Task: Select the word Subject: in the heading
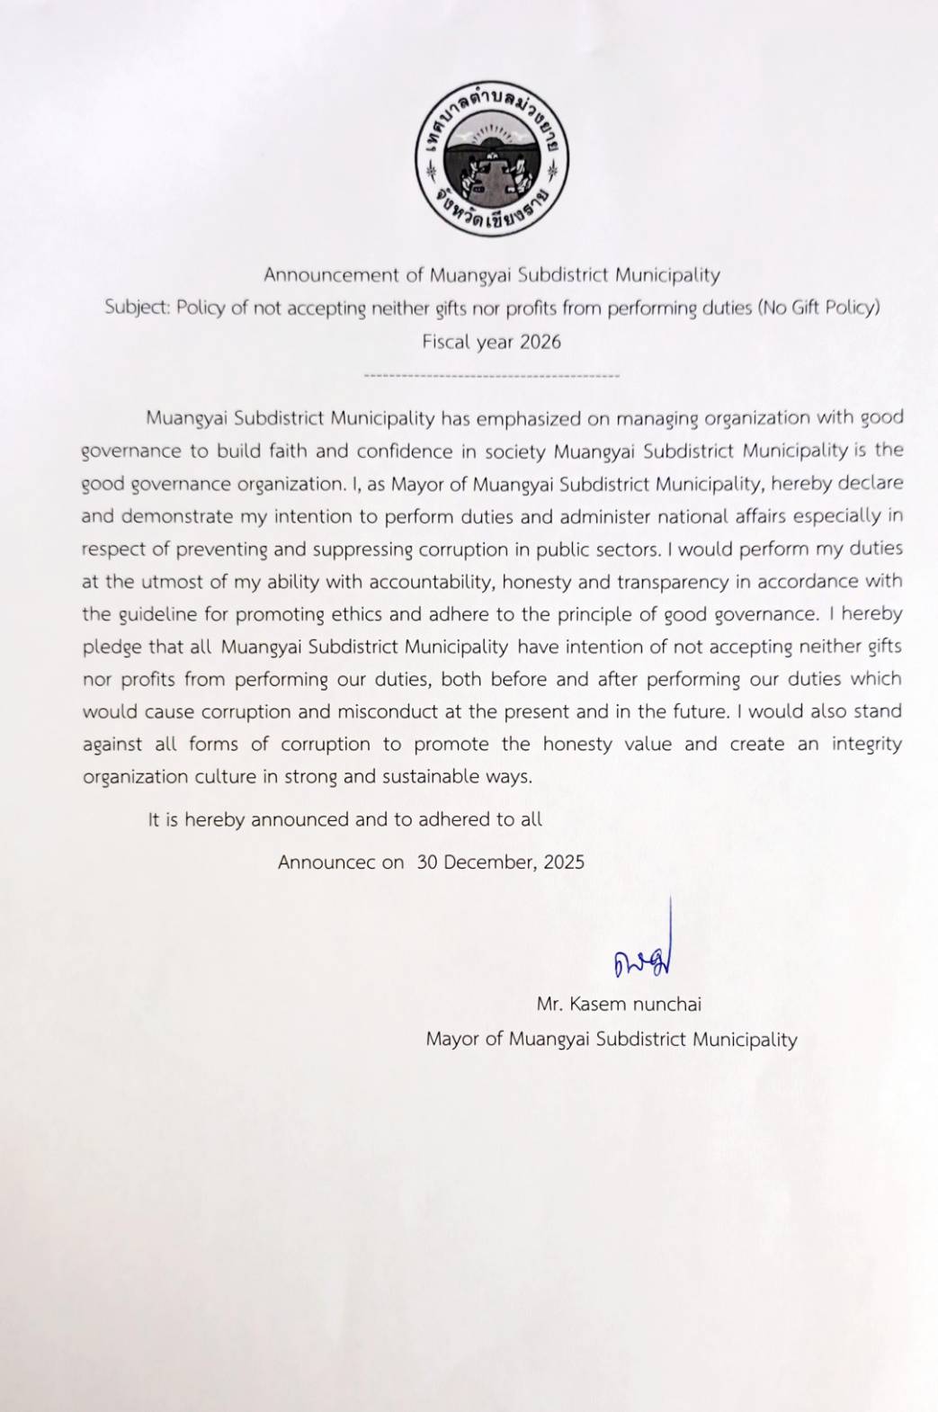click(x=137, y=308)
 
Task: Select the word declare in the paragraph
click(x=870, y=483)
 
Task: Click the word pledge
click(x=112, y=648)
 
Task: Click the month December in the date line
click(x=490, y=862)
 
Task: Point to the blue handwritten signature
click(x=644, y=959)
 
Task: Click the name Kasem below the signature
click(x=598, y=1005)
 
